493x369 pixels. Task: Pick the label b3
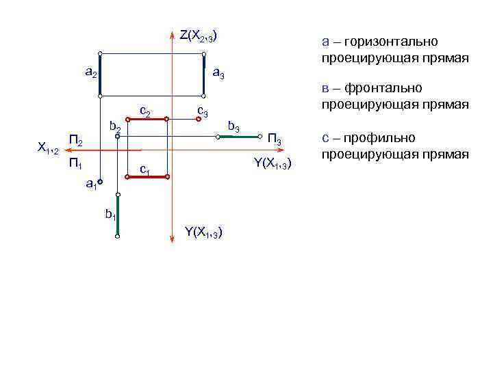point(233,126)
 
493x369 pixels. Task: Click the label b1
point(110,215)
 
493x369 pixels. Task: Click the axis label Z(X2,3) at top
point(199,35)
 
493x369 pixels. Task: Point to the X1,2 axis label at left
point(50,148)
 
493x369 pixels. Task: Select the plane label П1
point(76,163)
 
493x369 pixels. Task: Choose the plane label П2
point(76,141)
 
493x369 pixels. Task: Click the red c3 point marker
point(198,119)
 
